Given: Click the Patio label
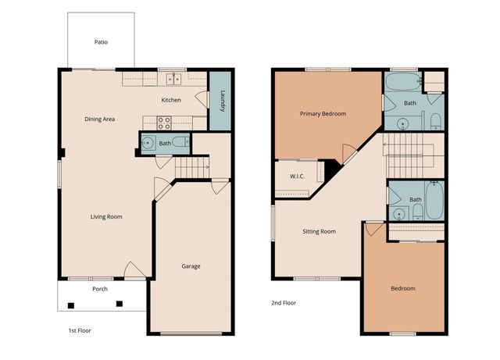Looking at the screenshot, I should pos(100,42).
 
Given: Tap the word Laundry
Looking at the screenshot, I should pos(223,101).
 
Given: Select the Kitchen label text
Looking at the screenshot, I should pos(171,100).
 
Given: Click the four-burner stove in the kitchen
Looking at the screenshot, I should pos(164,123).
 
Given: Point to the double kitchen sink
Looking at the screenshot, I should pos(173,78).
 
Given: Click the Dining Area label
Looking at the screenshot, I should pos(100,119).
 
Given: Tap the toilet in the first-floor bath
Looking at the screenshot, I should pos(180,143).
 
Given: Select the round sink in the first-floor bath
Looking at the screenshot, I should pos(148,143).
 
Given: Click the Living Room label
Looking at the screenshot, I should pos(106,216).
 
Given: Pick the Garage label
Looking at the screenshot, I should pos(191,266).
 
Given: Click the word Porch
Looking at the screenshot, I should pos(100,289).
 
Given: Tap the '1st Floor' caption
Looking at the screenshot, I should pos(80,330).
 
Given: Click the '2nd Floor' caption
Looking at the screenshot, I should pos(284,302).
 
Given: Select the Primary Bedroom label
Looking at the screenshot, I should pos(323,113).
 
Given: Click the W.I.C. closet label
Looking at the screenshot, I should pos(296,176).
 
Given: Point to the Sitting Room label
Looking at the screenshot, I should pos(319,231).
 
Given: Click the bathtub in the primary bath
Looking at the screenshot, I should pos(402,82).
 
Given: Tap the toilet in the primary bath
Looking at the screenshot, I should pos(435,121).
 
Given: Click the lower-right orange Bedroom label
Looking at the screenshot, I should pos(402,288).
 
